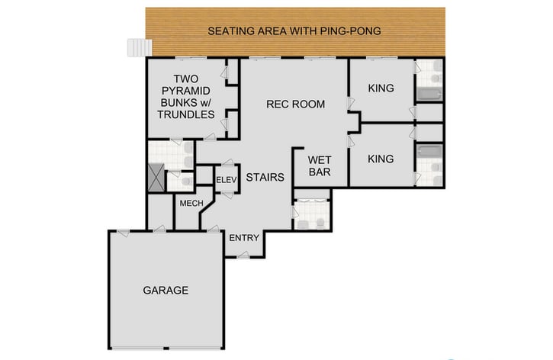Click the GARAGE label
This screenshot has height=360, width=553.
click(x=166, y=290)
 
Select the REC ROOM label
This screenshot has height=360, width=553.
click(x=295, y=104)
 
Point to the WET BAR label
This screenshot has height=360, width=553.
click(x=318, y=166)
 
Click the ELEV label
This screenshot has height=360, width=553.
click(x=227, y=180)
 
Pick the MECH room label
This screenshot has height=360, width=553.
click(x=189, y=204)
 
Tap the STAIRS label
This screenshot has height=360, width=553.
click(x=266, y=178)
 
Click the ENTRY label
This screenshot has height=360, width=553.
click(x=245, y=238)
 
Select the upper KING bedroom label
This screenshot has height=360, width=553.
click(x=381, y=88)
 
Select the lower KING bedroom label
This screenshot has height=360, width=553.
click(x=381, y=159)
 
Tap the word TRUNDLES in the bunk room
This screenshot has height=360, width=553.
click(x=185, y=114)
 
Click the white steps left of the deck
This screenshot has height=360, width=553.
click(x=135, y=47)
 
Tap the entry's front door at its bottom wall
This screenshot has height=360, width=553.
click(x=243, y=256)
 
